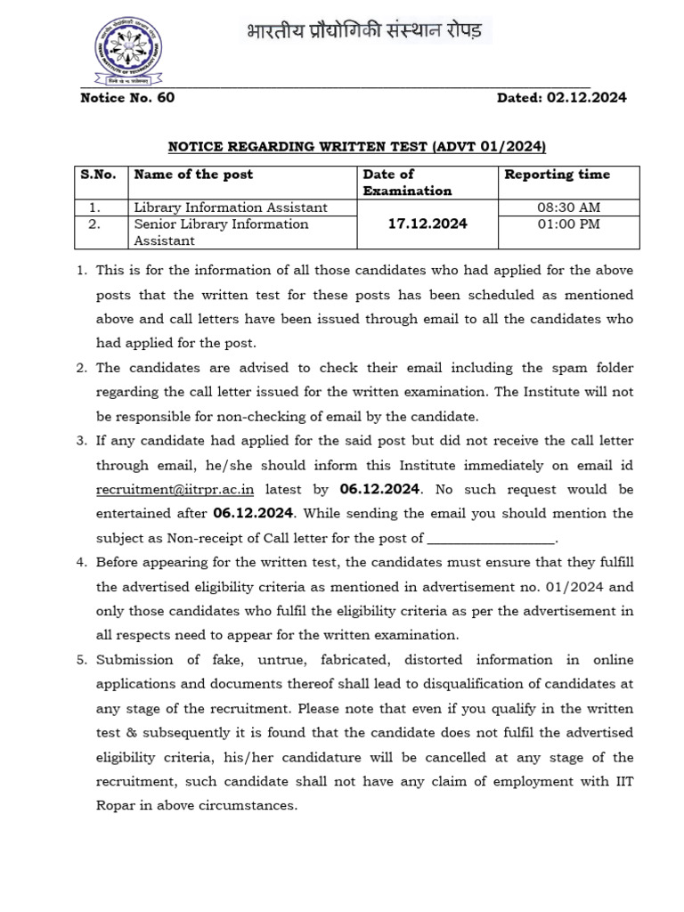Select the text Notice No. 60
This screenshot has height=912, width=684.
tap(127, 97)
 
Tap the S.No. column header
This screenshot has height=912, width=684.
tap(98, 175)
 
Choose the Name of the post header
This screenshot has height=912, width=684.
tap(193, 175)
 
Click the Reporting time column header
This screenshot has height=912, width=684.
tap(558, 175)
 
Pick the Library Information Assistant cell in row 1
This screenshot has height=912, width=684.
tap(231, 208)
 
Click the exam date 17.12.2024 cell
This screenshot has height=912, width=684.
tap(427, 224)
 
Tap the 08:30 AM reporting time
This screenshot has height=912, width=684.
tap(568, 208)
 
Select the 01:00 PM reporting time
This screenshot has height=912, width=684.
tap(568, 224)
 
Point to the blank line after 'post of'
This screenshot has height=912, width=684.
tap(492, 538)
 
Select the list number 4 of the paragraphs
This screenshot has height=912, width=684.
tap(80, 563)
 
